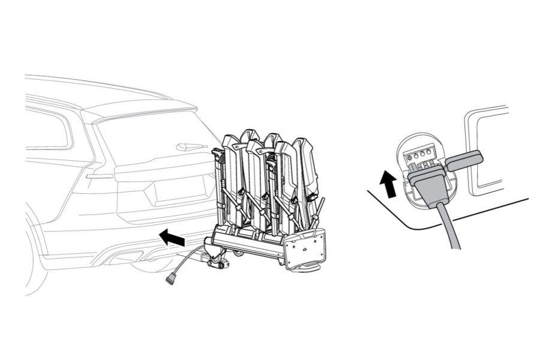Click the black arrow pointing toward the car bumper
coord(172,239)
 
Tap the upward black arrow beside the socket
coord(389,183)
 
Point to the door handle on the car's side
coord(98,176)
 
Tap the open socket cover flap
coord(466,159)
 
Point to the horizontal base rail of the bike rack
coord(252,243)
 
